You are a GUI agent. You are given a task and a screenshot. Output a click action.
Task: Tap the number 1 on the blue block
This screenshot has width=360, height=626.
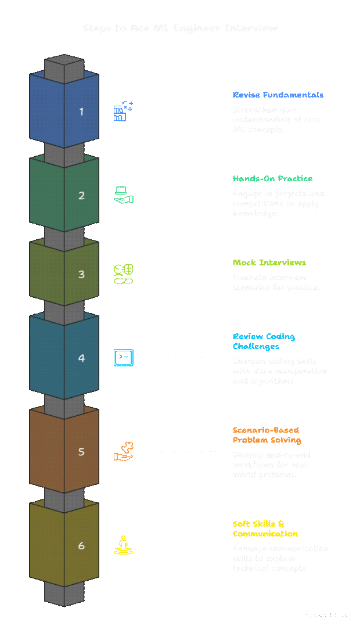coord(81,111)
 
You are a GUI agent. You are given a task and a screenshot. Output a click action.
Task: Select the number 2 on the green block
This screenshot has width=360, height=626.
coord(81,196)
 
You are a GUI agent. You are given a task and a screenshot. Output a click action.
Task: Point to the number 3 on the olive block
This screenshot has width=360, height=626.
coord(81,274)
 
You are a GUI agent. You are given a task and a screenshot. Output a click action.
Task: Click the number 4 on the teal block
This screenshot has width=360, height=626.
coord(81,358)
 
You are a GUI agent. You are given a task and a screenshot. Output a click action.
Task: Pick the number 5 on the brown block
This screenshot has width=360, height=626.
coord(81,452)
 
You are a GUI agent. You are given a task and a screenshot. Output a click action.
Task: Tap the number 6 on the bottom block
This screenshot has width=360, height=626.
coord(81,546)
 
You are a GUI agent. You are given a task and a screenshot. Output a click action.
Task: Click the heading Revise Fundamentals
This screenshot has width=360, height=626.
coord(278,95)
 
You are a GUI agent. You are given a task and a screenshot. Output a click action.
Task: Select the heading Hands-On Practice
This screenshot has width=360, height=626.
coord(273,179)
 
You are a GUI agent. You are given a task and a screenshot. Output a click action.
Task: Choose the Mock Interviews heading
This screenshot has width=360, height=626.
coord(269,262)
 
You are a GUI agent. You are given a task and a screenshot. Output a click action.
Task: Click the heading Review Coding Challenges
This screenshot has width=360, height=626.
coord(264,341)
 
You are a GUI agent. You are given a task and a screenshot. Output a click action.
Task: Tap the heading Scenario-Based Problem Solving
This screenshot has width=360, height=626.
coord(266,435)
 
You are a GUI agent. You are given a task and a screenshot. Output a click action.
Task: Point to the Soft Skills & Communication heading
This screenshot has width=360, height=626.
coord(265,528)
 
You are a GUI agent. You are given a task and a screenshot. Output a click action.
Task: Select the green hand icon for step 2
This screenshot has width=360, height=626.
coord(123,195)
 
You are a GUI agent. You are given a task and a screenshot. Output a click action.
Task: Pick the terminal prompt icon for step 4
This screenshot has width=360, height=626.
coord(123,358)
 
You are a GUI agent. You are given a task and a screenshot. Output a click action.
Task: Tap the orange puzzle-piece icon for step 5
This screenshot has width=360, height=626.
coord(123,452)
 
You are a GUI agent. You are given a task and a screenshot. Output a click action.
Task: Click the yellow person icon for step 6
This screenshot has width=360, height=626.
coord(123,545)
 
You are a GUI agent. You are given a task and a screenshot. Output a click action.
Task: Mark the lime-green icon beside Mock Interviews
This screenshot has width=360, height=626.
coord(123,274)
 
